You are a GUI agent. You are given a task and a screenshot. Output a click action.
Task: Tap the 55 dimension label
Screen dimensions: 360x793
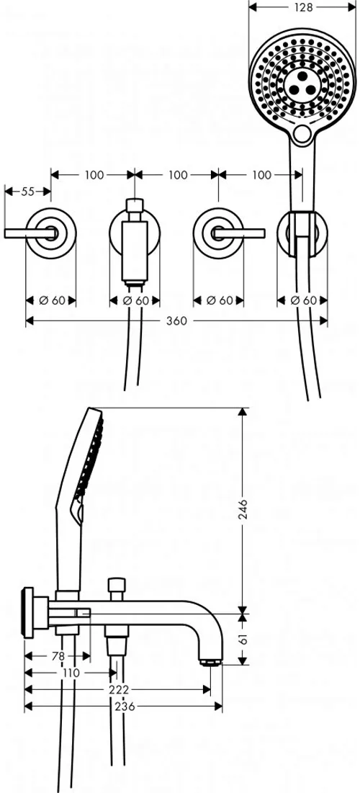tap(28, 191)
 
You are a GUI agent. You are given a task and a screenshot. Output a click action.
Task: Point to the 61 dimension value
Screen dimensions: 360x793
tap(243, 640)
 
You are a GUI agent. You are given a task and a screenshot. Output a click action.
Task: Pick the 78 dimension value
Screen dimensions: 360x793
tap(58, 656)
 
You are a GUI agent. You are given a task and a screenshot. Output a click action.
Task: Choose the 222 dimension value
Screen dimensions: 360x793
tap(120, 690)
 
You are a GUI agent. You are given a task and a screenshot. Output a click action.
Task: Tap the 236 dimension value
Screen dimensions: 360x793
tap(125, 707)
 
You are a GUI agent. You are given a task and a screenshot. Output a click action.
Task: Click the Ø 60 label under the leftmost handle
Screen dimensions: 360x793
tap(52, 300)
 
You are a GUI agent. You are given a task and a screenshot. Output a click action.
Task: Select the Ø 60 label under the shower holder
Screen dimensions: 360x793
tap(303, 300)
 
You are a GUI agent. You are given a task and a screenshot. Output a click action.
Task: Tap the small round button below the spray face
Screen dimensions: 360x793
tap(303, 135)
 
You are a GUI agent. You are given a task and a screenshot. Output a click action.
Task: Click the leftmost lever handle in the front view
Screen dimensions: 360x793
tap(30, 233)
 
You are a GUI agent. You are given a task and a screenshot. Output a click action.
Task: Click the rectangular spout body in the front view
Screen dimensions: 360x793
tap(135, 254)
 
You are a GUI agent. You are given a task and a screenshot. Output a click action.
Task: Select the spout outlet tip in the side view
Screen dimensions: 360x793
tap(210, 662)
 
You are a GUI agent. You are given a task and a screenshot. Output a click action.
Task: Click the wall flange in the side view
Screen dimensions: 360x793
tap(28, 613)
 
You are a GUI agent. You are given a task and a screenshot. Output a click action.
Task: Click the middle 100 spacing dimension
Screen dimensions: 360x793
tap(177, 175)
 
